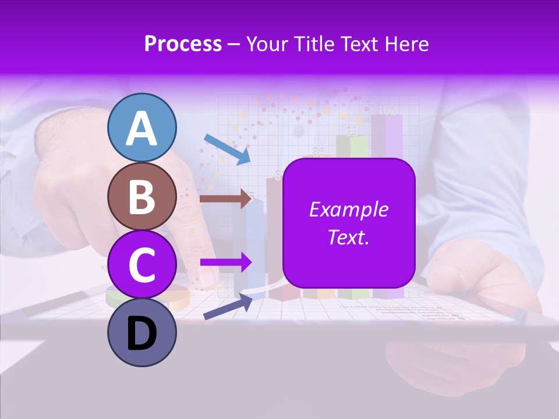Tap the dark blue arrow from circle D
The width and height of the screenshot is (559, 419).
[228, 306]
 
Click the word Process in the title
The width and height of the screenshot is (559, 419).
[183, 44]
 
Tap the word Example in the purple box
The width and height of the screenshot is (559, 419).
[349, 210]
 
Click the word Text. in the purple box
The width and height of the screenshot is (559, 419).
[349, 237]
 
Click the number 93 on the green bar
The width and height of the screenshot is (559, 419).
[351, 132]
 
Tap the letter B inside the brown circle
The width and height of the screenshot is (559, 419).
[142, 197]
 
